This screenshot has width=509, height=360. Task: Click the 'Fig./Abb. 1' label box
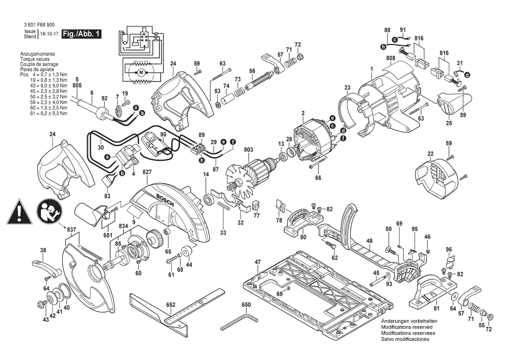click(81, 34)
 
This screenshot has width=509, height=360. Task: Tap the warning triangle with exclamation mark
click(19, 212)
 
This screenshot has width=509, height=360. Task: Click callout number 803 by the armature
click(249, 150)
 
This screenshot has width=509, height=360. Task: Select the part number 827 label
click(147, 173)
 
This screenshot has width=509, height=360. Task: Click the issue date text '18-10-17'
click(49, 34)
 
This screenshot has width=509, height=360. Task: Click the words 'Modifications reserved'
click(406, 327)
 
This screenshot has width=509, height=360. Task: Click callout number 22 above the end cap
click(430, 153)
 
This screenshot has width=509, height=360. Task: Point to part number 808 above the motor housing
click(390, 58)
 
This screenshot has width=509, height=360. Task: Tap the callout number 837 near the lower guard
click(71, 230)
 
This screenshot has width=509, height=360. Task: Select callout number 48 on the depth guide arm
click(369, 241)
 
